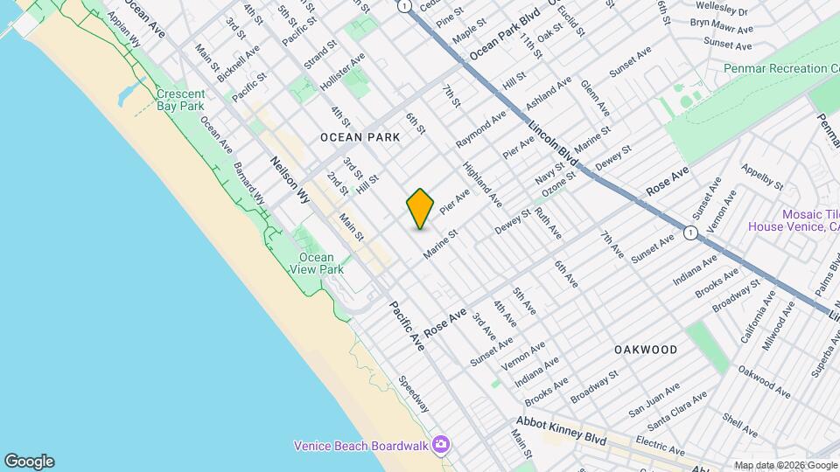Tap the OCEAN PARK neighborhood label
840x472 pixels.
[x=360, y=137]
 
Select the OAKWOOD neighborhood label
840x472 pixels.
[x=646, y=350]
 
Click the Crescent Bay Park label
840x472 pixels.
[x=180, y=100]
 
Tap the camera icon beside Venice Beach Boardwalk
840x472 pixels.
[x=443, y=446]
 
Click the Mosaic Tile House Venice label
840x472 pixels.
[x=792, y=219]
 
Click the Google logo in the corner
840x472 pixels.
[x=29, y=461]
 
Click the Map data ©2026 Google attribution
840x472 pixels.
[x=785, y=465]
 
